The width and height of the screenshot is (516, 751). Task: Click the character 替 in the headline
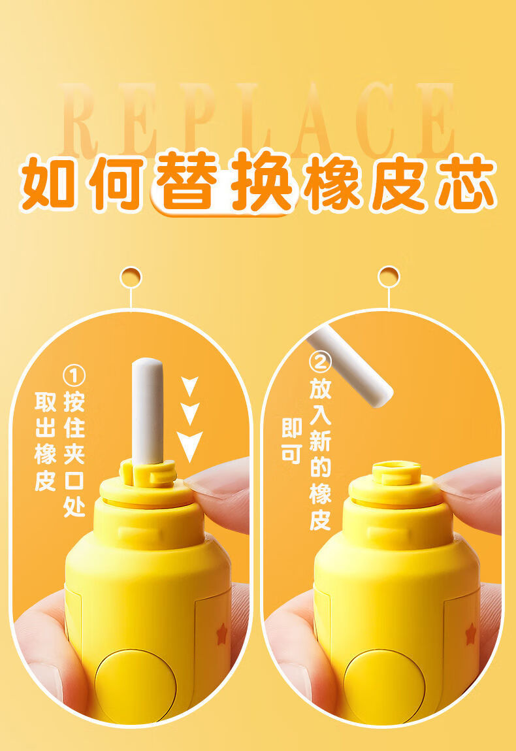pos(185,181)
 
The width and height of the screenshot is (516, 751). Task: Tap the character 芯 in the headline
pos(461,181)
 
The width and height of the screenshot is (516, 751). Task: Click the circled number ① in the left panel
pos(74,376)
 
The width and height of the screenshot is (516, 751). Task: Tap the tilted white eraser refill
pos(349,366)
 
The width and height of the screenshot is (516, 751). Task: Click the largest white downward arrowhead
pos(189,446)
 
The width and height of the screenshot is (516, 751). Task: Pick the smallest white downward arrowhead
pos(189,386)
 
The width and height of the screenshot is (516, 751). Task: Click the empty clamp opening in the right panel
pos(396,467)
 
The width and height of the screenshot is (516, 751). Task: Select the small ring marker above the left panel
pos(131,276)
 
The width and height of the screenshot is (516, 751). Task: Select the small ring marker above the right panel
pos(389,276)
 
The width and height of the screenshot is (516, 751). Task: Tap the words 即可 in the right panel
pos(291,441)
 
